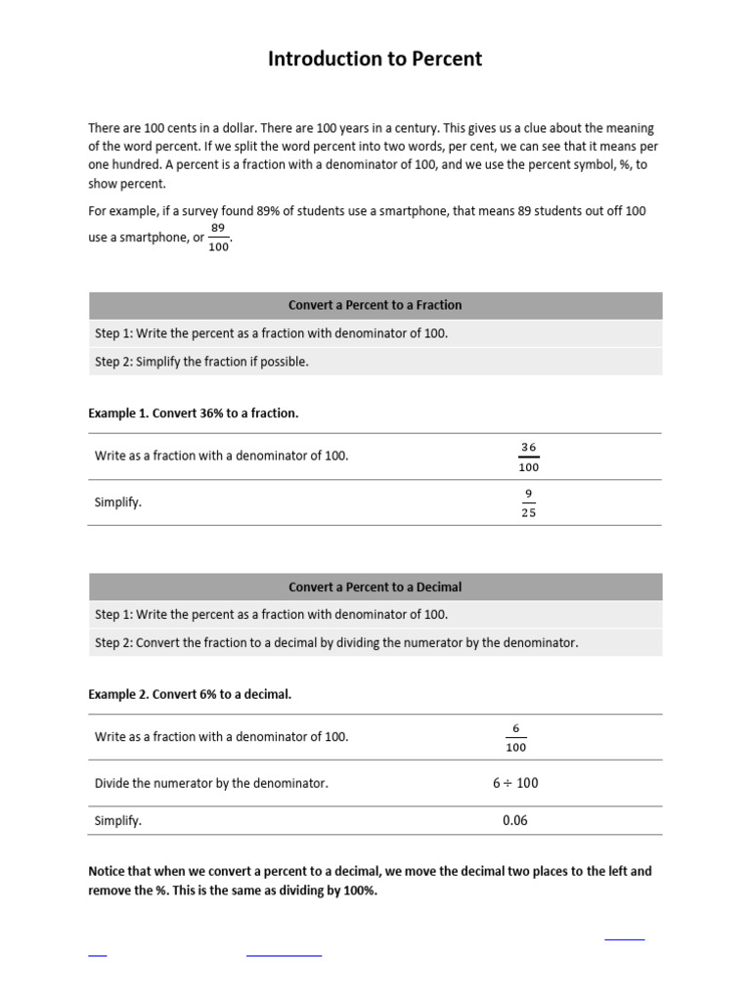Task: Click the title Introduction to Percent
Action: [x=375, y=59]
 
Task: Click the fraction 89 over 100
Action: [x=218, y=238]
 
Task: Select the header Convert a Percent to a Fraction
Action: [x=375, y=305]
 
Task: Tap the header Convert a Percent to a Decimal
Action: [x=375, y=587]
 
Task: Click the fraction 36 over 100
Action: [x=528, y=457]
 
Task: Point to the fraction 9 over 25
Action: [x=528, y=502]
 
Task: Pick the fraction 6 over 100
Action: [x=515, y=737]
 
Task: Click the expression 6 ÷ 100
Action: [x=515, y=783]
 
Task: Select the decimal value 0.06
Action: [x=514, y=820]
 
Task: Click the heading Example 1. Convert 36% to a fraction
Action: [x=193, y=413]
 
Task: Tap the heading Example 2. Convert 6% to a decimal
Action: [x=190, y=694]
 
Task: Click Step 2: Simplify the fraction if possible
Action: [x=201, y=362]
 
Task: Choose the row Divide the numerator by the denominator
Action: [x=211, y=783]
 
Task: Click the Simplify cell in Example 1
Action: [x=118, y=502]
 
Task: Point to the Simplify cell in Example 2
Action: [x=118, y=821]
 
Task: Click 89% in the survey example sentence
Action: [x=281, y=211]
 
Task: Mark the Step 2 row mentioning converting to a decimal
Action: [x=336, y=643]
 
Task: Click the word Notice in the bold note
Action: [x=109, y=871]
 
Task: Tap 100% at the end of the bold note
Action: [x=358, y=891]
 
